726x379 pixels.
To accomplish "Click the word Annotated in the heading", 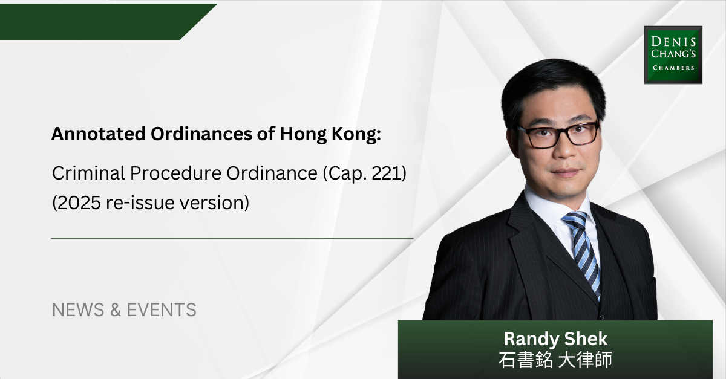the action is click(x=98, y=134).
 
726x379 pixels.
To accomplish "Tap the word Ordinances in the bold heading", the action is click(x=201, y=134).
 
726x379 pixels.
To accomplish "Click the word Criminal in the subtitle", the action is click(x=88, y=173).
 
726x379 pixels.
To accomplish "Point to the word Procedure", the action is click(x=175, y=173).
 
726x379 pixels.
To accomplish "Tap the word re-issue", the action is click(x=140, y=202).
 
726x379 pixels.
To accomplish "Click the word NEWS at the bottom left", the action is click(x=78, y=309).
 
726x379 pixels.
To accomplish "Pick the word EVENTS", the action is click(x=162, y=309).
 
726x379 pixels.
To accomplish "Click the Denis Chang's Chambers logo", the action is click(x=673, y=55).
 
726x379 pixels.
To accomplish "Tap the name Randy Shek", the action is click(x=555, y=339).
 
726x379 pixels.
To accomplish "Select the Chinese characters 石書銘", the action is click(x=525, y=360).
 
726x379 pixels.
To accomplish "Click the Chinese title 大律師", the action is click(x=585, y=360).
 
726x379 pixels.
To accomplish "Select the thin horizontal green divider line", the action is click(x=232, y=238).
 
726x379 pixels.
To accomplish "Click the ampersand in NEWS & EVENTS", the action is click(x=116, y=309).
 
